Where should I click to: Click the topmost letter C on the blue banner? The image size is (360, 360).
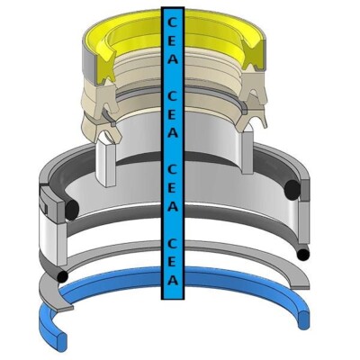pyautogui.click(x=172, y=22)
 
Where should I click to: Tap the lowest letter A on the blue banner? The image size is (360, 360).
pyautogui.click(x=172, y=280)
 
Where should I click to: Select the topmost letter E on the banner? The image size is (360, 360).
pyautogui.click(x=172, y=41)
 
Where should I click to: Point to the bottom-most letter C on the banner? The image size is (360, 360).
pyautogui.click(x=172, y=244)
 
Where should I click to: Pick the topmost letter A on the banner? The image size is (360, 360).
pyautogui.click(x=172, y=58)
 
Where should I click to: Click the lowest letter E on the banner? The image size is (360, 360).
pyautogui.click(x=172, y=262)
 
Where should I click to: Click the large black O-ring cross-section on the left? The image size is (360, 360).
pyautogui.click(x=71, y=209)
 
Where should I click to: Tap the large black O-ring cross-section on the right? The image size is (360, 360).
pyautogui.click(x=292, y=190)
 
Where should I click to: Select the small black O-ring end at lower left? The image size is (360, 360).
pyautogui.click(x=62, y=276)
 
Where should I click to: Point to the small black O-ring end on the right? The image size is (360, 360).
pyautogui.click(x=302, y=255)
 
